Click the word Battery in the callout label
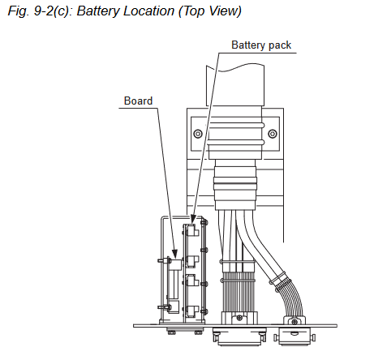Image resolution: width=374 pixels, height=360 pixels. pyautogui.click(x=248, y=45)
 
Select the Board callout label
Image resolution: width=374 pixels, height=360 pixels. pyautogui.click(x=138, y=101)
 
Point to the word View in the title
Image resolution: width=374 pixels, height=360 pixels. pyautogui.click(x=224, y=11)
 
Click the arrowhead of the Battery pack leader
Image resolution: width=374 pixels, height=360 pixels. pyautogui.click(x=193, y=218)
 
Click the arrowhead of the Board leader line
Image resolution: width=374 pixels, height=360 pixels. pyautogui.click(x=174, y=253)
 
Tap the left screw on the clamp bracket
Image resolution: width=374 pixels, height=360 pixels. pyautogui.click(x=198, y=134)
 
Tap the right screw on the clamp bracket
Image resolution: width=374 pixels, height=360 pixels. pyautogui.click(x=272, y=134)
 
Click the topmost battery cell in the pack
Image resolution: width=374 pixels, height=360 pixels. pyautogui.click(x=192, y=231)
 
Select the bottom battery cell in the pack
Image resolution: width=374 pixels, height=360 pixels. pyautogui.click(x=192, y=311)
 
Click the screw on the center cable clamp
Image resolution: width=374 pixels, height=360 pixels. pyautogui.click(x=239, y=318)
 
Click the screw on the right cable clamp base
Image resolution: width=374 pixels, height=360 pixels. pyautogui.click(x=294, y=321)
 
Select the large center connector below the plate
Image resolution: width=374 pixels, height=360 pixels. pyautogui.click(x=239, y=336)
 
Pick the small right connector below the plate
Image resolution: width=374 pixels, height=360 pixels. pyautogui.click(x=294, y=336)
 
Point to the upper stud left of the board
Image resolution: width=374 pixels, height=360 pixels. pyautogui.click(x=164, y=261)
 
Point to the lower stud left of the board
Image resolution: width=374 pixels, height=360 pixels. pyautogui.click(x=164, y=307)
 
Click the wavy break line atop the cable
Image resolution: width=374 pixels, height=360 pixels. pyautogui.click(x=235, y=67)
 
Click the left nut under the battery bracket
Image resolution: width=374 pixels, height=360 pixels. pyautogui.click(x=171, y=331)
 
